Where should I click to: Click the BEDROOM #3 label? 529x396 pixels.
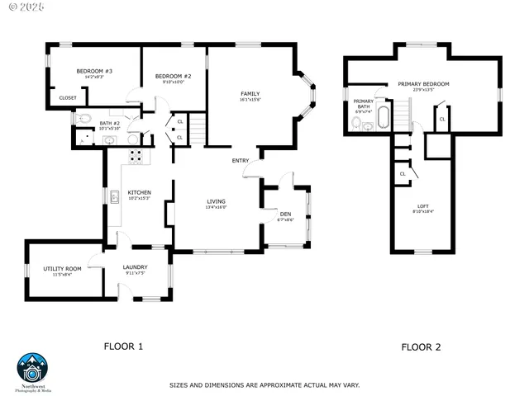(94, 72)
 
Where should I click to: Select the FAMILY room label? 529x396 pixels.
(250, 94)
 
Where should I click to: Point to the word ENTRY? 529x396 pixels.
(241, 161)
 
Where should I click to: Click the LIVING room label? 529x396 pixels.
(216, 201)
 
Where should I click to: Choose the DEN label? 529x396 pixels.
(285, 214)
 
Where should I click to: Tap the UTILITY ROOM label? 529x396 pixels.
(63, 269)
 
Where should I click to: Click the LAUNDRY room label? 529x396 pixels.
(135, 267)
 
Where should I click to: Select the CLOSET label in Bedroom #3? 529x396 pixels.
(68, 98)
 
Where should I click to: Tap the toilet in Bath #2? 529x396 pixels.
(83, 120)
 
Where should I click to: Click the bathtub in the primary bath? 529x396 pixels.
(381, 119)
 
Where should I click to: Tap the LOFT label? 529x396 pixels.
(422, 206)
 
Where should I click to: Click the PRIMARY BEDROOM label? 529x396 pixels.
(423, 84)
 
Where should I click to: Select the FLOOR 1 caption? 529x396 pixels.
(123, 347)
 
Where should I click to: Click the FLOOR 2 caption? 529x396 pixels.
(421, 347)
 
